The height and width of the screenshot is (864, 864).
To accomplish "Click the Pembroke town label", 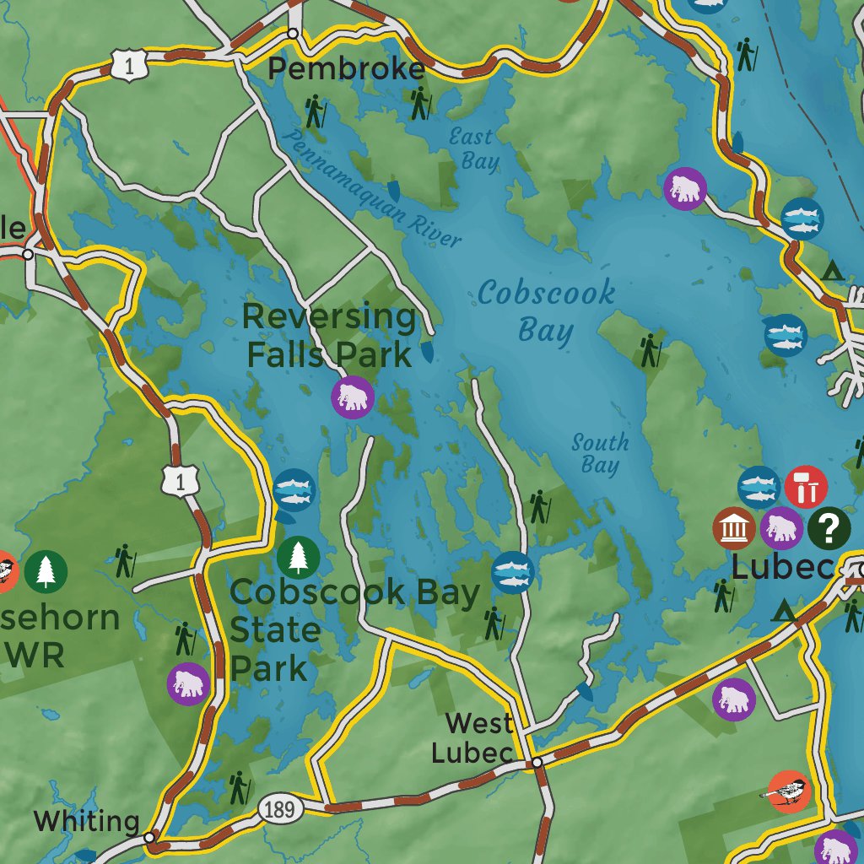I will (346, 69).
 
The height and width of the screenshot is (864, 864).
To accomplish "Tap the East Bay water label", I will (474, 148).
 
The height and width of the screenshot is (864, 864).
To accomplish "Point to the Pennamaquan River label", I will (373, 191).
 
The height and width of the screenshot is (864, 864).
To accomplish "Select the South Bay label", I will (600, 453).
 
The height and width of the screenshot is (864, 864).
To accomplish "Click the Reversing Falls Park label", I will (329, 336).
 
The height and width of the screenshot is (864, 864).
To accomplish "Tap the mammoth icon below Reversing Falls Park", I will (353, 397).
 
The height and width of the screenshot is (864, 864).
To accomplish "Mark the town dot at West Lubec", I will (537, 763).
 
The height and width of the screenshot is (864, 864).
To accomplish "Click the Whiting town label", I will (87, 820).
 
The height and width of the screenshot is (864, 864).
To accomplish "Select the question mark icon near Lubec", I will (829, 529).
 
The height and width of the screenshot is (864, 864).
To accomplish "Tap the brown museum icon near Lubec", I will (734, 529).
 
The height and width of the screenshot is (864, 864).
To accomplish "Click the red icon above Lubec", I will (806, 487).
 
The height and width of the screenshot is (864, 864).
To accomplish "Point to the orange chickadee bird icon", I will (789, 792).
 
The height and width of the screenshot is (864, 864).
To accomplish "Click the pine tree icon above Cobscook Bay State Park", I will (299, 557).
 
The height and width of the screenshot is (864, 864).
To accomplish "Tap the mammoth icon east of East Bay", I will (686, 188).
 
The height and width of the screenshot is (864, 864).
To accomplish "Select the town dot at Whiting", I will (149, 838).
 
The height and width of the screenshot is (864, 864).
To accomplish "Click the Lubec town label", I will (782, 567).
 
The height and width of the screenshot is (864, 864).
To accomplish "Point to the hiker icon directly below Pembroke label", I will (314, 111).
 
